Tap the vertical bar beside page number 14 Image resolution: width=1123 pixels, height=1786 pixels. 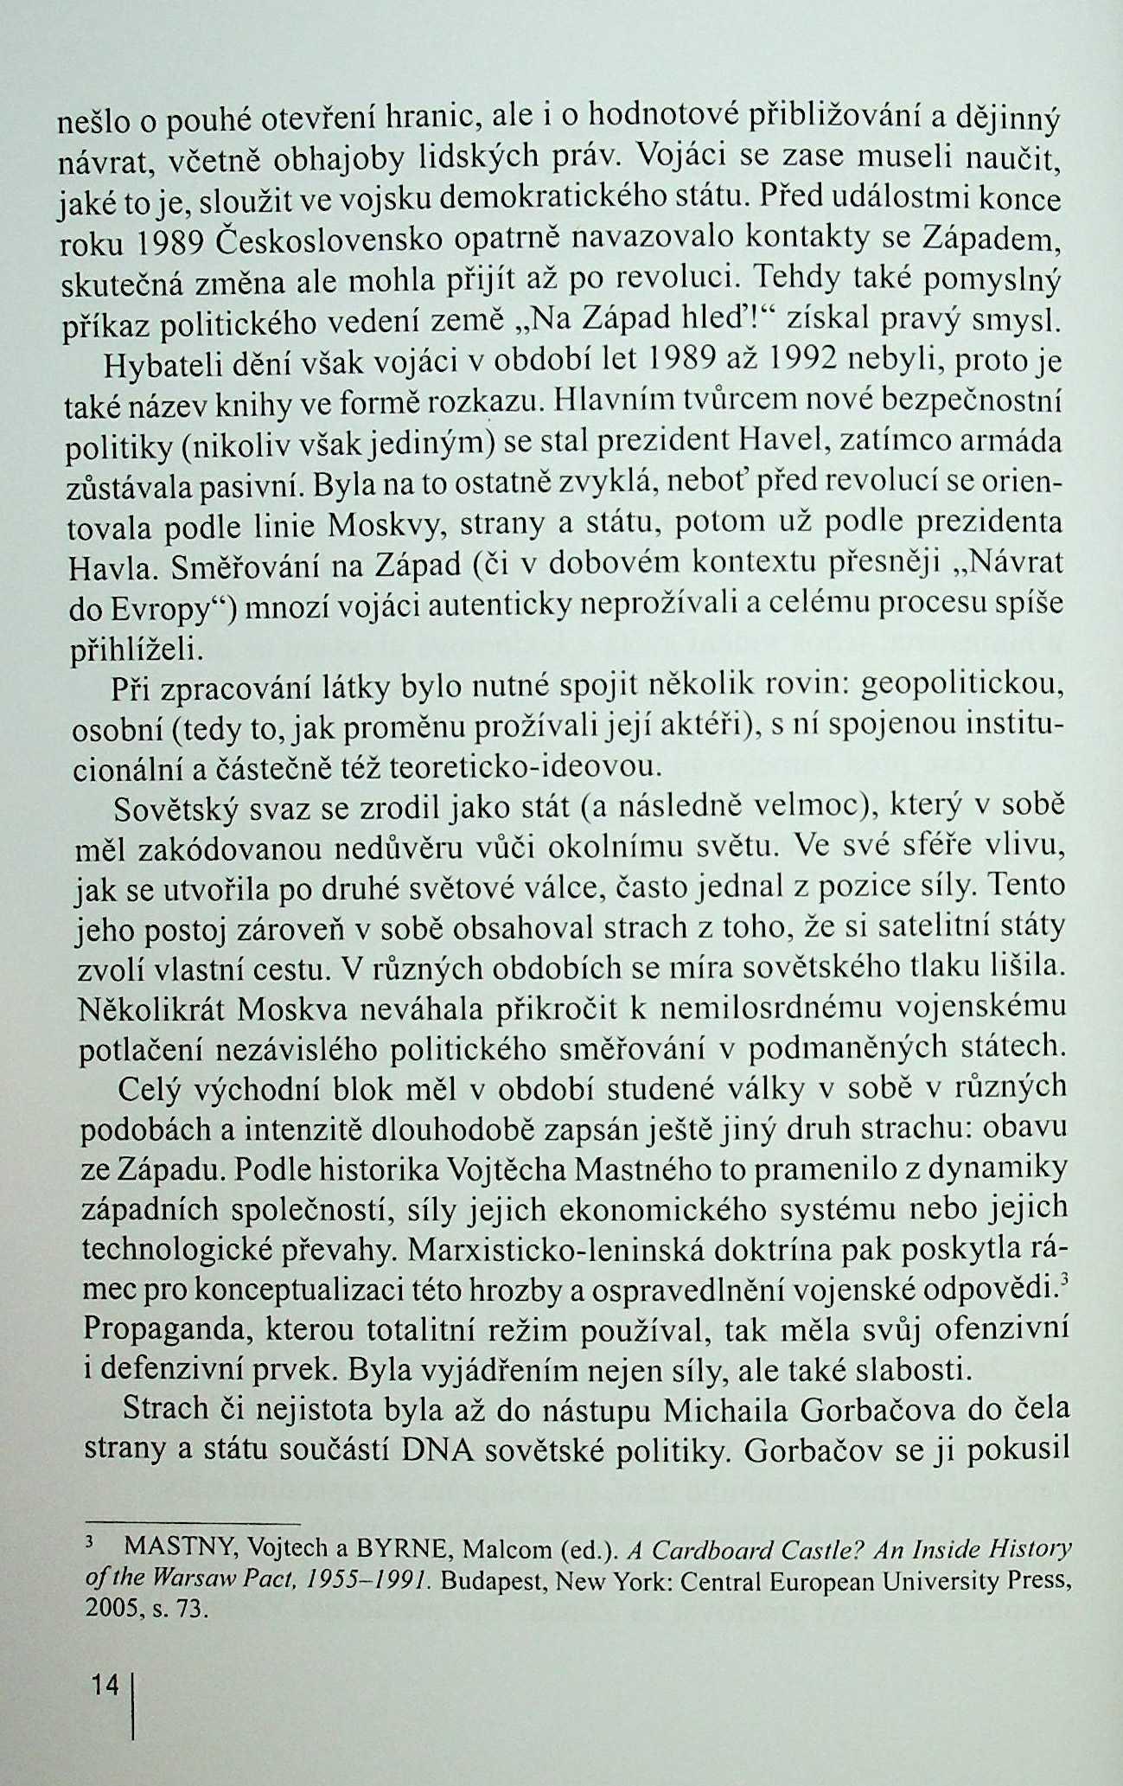(x=132, y=1708)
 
